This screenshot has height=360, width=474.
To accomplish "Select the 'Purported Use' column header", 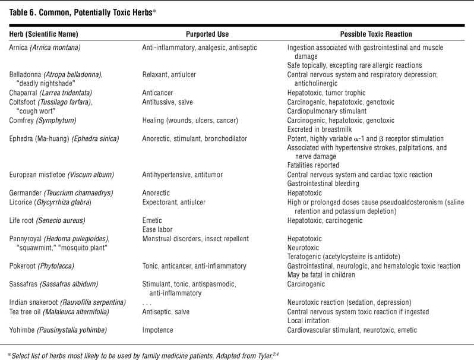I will pos(203,34).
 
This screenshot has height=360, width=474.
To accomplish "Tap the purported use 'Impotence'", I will pos(159,330).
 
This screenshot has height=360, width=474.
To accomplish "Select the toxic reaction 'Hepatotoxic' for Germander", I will pos(306,192).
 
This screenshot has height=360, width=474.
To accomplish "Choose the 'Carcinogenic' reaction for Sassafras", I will pos(308,284).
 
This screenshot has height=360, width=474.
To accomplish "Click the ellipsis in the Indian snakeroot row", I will pos(147,302).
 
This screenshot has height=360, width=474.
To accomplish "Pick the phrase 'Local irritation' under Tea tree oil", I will pos(312,320).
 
